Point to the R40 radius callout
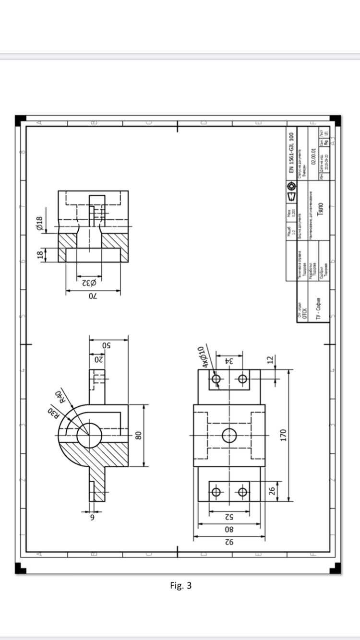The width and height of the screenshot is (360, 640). (x=60, y=397)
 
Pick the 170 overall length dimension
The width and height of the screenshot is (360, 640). (x=283, y=435)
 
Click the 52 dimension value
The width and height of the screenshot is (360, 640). (x=229, y=517)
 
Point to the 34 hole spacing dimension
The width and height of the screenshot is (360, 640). (x=229, y=361)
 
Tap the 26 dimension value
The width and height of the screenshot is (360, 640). (x=272, y=491)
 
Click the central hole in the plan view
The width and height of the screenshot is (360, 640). (x=229, y=436)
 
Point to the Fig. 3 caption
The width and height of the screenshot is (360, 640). (x=181, y=585)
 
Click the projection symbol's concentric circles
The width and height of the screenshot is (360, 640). (x=291, y=185)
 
